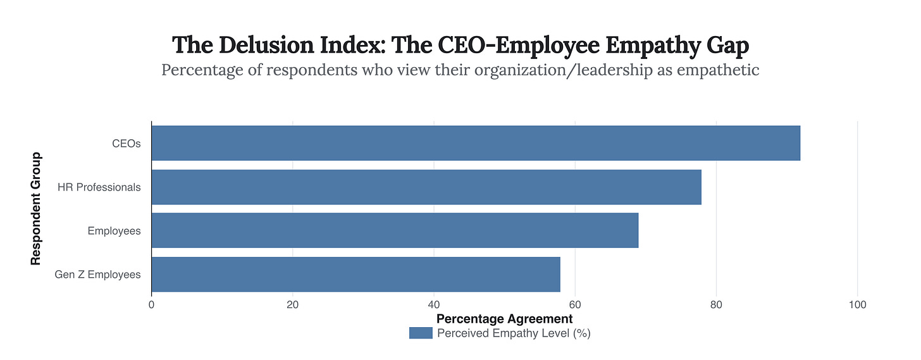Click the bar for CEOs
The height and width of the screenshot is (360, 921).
476,143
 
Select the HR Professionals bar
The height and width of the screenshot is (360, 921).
426,187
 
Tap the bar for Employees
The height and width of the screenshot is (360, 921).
395,230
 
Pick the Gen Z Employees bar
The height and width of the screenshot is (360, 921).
355,274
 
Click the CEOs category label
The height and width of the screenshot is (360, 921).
126,143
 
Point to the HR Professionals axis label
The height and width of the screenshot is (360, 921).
99,187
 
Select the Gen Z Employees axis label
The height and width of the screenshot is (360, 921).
97,275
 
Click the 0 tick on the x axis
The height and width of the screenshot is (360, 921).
151,305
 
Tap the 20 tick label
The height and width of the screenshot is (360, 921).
292,305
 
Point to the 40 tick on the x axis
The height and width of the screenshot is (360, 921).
433,305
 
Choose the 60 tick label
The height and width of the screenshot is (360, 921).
574,305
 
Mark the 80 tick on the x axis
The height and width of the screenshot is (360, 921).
715,305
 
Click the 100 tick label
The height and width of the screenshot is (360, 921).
857,305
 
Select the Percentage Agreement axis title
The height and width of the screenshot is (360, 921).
504,319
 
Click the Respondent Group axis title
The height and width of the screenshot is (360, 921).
37,208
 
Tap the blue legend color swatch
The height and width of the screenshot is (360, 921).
421,333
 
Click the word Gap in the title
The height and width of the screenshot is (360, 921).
727,46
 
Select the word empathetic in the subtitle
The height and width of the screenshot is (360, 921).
717,70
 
